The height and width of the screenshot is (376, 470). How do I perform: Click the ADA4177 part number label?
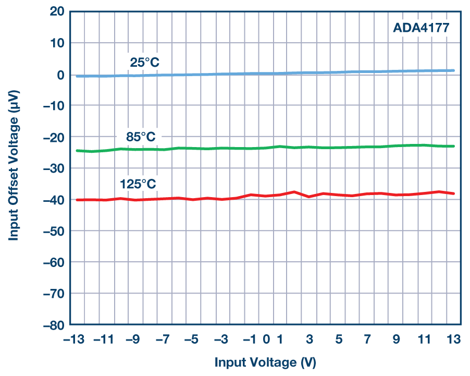[x=420, y=27]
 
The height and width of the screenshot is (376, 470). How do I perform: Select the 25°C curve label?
[x=144, y=63]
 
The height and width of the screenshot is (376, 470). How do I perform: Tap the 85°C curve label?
[x=141, y=137]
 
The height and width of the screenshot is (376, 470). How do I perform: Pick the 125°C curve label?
[x=138, y=184]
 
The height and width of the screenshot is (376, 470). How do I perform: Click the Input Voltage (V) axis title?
[x=265, y=362]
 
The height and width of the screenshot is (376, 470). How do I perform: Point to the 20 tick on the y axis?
[x=57, y=11]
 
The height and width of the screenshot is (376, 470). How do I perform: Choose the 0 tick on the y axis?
[x=60, y=74]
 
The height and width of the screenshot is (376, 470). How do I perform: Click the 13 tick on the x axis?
[x=453, y=339]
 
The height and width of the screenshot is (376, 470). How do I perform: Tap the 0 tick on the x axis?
[x=266, y=339]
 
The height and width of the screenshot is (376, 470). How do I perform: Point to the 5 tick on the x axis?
[x=338, y=339]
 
